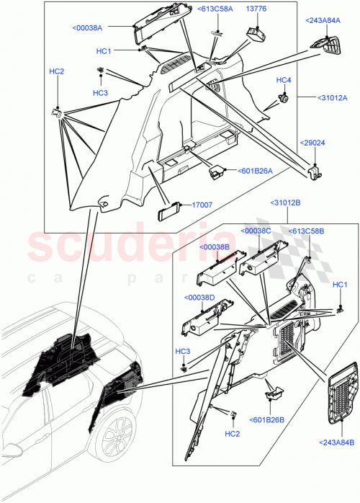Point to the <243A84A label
click(x=325, y=20)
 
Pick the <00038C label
click(x=257, y=231)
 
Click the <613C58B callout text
click(x=307, y=231)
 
